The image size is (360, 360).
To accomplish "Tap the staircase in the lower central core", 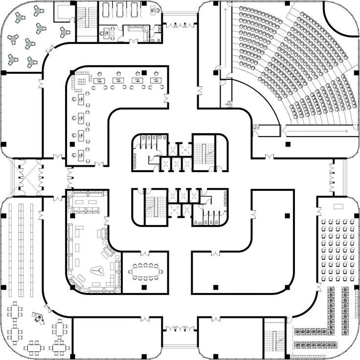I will coord(155,205).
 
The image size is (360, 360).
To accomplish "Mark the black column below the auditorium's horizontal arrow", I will coord(288,144).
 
